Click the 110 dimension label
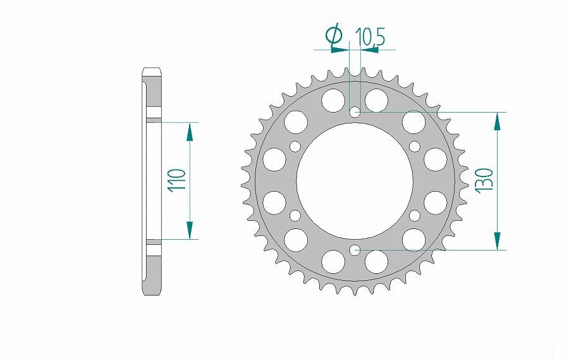[x=177, y=180]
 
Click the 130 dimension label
[x=485, y=180]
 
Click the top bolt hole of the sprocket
[x=355, y=112]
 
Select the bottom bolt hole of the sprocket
[x=355, y=250]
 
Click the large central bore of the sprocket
[x=355, y=180]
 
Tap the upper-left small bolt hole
[x=295, y=146]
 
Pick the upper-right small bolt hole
[x=414, y=146]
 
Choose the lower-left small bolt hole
[x=295, y=215]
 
